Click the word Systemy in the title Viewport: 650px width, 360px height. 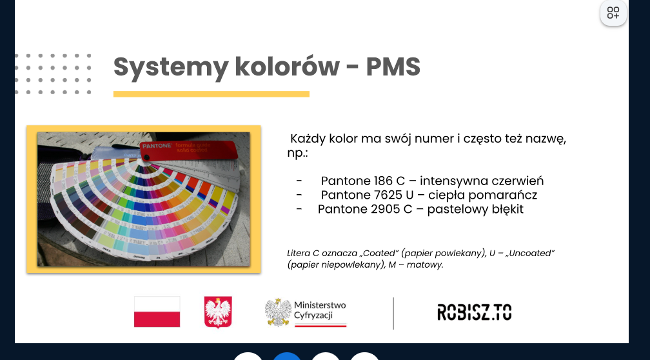[x=170, y=68]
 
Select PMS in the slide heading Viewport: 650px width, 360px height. [x=393, y=67]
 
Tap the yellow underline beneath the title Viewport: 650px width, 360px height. [x=212, y=94]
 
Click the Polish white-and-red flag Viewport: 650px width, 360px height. [x=157, y=312]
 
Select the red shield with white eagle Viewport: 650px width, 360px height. [x=218, y=312]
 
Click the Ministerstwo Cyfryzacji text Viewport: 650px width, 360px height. [x=320, y=310]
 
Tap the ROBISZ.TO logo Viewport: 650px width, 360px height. [x=474, y=312]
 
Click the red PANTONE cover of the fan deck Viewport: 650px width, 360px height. [x=189, y=150]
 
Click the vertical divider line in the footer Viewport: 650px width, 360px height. [x=393, y=313]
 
